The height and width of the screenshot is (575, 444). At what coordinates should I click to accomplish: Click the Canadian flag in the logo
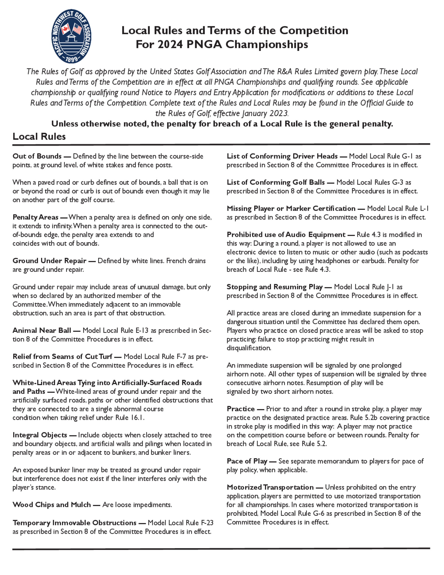point(65,29)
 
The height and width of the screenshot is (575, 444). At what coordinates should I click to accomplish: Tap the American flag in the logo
point(77,28)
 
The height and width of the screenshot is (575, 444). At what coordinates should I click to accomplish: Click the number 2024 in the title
point(170,44)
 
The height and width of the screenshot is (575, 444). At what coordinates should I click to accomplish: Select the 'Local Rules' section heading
point(39,136)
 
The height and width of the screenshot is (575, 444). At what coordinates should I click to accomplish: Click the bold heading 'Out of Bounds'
point(37,156)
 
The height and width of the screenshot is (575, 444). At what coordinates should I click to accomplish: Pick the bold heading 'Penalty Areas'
point(36,217)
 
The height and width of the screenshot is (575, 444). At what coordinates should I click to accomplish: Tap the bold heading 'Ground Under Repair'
point(50,261)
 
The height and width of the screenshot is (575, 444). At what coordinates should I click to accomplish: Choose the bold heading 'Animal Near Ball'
point(42,330)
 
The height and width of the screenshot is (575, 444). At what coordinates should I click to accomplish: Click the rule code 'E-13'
point(142,330)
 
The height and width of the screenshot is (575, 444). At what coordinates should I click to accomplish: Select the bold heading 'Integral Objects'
point(40,435)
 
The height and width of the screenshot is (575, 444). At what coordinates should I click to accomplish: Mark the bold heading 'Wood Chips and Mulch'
point(52,505)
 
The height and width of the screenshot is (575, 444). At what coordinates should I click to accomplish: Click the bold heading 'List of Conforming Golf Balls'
point(276,182)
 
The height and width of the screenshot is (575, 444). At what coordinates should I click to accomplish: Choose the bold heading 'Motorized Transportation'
point(270,487)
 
